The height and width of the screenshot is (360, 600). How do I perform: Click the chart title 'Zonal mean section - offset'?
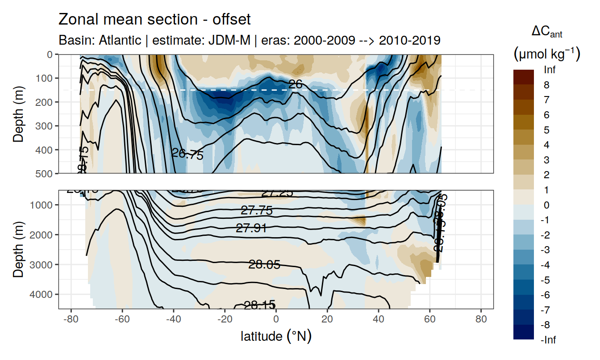154,20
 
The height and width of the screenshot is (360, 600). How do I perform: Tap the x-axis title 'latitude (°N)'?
276,336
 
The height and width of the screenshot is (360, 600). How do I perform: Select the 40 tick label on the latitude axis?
379,320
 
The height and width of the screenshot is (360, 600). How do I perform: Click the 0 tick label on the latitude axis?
276,320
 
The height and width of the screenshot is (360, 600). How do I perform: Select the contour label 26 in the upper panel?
296,84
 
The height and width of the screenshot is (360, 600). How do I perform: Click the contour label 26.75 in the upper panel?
187,155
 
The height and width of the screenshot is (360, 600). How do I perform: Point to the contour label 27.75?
256,211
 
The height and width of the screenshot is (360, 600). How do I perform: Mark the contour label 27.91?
251,229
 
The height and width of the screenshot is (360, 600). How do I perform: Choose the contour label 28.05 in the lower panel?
264,265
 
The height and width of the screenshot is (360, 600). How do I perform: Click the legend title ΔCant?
546,32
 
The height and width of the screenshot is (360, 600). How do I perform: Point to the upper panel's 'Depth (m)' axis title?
19,113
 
